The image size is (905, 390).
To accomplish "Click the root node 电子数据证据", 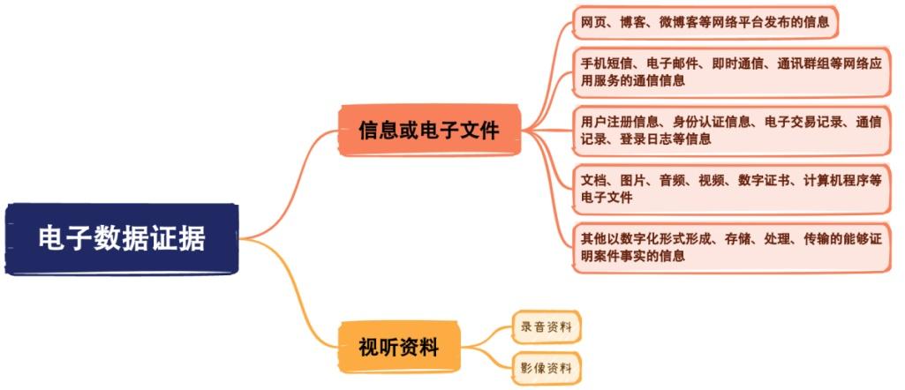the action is (x=122, y=238).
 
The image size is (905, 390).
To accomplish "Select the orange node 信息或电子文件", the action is (x=429, y=131).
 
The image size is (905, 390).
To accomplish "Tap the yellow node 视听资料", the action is (x=399, y=347).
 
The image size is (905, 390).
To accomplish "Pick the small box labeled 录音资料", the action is (x=547, y=327).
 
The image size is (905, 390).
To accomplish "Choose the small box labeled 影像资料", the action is (x=547, y=366).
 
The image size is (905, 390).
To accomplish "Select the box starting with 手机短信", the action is (x=732, y=71).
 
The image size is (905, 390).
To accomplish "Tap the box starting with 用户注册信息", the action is (x=732, y=131).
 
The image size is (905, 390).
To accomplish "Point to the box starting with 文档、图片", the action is (x=732, y=189).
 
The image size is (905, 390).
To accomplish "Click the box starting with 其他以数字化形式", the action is (x=732, y=248).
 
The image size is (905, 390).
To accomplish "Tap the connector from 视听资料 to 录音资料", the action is (x=488, y=334).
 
